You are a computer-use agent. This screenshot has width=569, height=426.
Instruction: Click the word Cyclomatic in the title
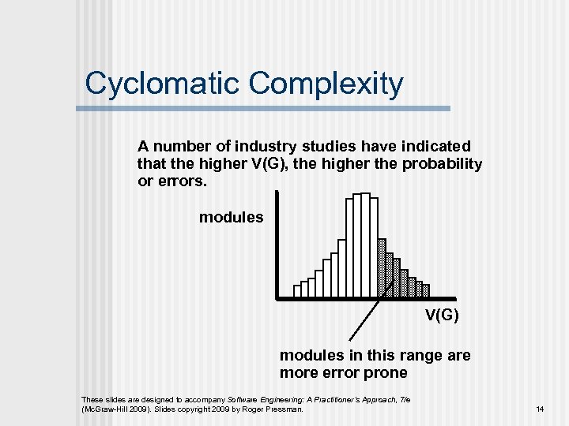(x=153, y=84)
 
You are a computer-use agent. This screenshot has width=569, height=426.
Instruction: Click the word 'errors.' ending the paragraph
(x=183, y=181)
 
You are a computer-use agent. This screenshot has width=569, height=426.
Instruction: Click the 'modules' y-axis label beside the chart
(x=231, y=217)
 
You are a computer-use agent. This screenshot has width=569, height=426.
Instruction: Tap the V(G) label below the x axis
(x=442, y=316)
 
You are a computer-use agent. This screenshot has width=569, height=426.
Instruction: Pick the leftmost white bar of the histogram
(x=297, y=291)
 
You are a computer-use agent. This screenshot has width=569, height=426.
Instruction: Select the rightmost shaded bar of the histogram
(x=426, y=290)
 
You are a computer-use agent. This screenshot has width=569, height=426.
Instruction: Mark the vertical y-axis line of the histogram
(x=277, y=245)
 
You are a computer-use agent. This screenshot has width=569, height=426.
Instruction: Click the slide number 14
(x=541, y=409)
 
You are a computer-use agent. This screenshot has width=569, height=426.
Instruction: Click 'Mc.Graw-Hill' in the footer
(x=106, y=409)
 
